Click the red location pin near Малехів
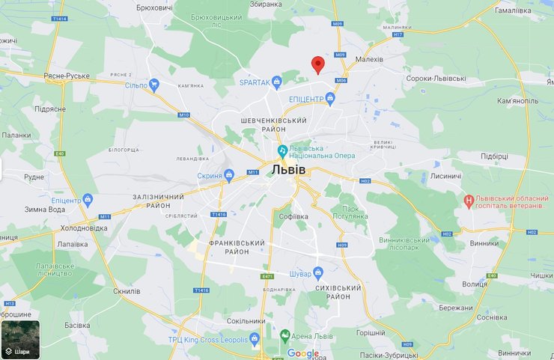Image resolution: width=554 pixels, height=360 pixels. coord(317,64)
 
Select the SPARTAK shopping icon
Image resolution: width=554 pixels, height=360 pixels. coord(277,81)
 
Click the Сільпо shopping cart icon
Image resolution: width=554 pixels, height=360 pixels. coord(154,85)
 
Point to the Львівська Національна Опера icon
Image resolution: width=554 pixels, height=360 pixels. coord(281,150)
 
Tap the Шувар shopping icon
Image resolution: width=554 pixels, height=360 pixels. coord(318,272)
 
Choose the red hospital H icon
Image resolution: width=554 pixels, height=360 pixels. coord(469,201)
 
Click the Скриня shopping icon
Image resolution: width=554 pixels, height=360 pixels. coord(230,176)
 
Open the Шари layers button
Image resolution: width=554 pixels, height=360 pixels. coord(20,340)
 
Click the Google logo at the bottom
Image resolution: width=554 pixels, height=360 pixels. coord(302,353)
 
